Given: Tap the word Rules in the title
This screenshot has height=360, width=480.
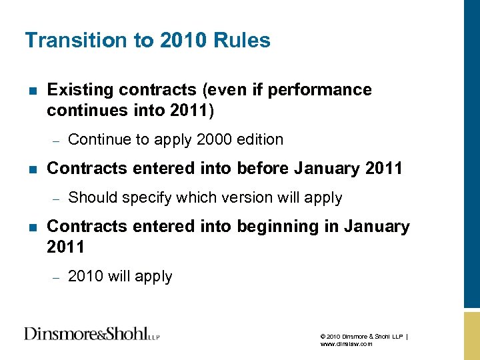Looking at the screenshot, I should pyautogui.click(x=243, y=41).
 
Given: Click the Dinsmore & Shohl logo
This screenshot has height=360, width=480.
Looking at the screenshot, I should pyautogui.click(x=92, y=333).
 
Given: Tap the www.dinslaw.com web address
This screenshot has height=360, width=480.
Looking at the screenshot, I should pyautogui.click(x=346, y=344).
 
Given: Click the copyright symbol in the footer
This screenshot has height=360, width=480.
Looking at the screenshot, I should pyautogui.click(x=323, y=336).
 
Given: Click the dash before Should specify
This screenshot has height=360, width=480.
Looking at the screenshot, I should pyautogui.click(x=57, y=199).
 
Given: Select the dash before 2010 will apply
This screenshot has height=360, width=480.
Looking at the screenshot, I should pyautogui.click(x=57, y=277).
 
